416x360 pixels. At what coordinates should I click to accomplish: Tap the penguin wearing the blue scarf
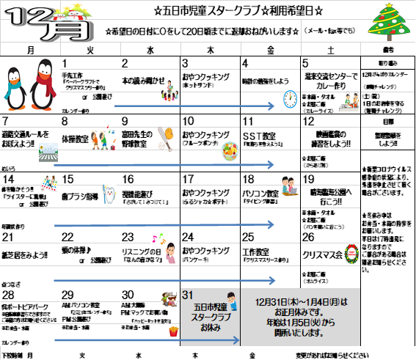[17, 84]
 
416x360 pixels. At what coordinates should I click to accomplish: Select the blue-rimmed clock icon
[290, 99]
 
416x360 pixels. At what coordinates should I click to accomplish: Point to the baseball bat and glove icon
[165, 138]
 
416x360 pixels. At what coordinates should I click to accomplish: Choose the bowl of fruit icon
[230, 151]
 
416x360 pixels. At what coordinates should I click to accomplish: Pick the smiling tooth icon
[109, 194]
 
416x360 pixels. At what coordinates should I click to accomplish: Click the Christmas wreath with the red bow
[351, 254]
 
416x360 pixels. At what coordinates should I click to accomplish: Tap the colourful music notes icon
[157, 238]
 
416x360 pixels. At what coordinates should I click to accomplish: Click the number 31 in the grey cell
[187, 295]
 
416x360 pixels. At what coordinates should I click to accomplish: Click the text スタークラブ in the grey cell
[210, 317]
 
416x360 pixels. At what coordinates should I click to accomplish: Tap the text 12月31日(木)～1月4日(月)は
[301, 302]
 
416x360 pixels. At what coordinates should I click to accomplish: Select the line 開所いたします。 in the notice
[301, 333]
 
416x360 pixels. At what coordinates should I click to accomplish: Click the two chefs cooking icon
[349, 101]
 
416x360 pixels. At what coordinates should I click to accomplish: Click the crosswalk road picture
[48, 152]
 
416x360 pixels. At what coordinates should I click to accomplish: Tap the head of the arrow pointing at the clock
[271, 106]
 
